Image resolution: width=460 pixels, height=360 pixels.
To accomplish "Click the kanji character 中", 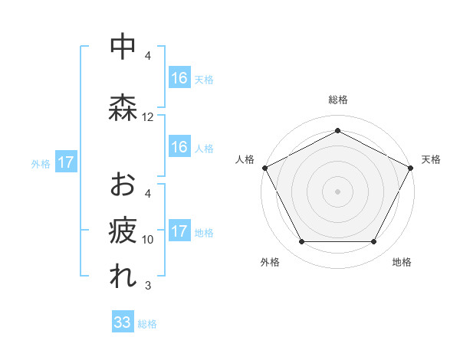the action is (123, 47).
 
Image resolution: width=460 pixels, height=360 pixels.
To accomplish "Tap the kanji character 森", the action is (123, 108).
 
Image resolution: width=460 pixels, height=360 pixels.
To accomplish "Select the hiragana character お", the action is (123, 185).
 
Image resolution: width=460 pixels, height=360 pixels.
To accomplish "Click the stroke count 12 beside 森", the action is (148, 117).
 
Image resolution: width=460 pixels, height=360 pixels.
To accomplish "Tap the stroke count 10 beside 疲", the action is (148, 240).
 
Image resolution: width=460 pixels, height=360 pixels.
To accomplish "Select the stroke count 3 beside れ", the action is (148, 286).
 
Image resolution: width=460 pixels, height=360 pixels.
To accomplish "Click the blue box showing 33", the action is (123, 322).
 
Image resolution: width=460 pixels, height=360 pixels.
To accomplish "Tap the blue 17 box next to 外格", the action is (65, 162).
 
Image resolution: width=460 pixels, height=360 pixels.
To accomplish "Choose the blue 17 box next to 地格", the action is (179, 231).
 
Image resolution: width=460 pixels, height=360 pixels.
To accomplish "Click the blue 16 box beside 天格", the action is (179, 78).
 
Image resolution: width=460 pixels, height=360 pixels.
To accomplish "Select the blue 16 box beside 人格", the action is (179, 147).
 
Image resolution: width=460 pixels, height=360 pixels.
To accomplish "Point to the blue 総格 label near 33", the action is (147, 324).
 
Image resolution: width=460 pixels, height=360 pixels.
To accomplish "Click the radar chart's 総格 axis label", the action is (337, 100).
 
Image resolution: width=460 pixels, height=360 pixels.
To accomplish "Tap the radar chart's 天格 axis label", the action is (431, 159).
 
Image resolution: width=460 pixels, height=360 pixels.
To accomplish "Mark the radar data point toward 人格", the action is (264, 167).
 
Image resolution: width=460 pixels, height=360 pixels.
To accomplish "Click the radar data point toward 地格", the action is (373, 241).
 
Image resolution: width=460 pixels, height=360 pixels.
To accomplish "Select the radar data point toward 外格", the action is (301, 241).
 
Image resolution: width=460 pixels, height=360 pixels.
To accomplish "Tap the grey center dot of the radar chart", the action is (337, 191).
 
